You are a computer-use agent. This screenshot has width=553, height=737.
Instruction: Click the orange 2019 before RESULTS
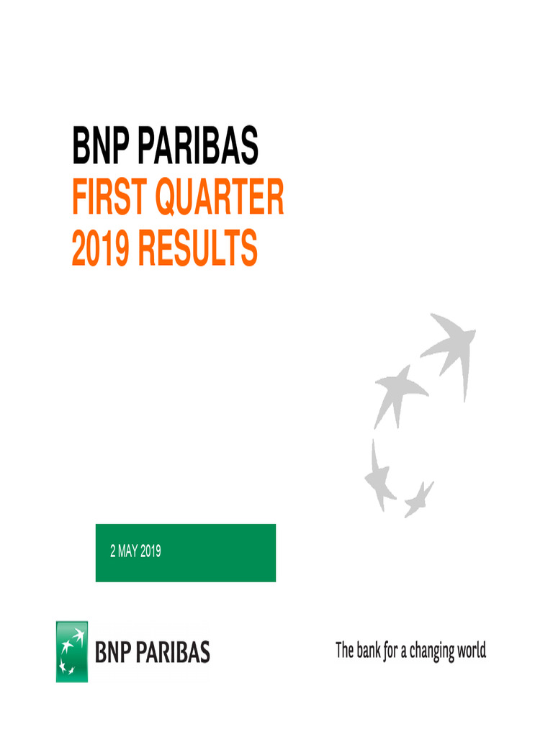[x=100, y=248]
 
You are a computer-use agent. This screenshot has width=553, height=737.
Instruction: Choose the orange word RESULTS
[x=197, y=248]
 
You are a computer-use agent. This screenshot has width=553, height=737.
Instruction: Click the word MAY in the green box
[x=127, y=552]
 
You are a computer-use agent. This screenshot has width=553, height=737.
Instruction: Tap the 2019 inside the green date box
[x=150, y=552]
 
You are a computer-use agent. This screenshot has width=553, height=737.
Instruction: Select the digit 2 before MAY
[x=112, y=552]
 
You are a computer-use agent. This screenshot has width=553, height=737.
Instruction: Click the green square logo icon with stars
[x=72, y=651]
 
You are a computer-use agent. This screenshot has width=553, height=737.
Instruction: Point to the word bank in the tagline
[x=368, y=651]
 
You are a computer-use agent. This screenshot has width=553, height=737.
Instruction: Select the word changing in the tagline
[x=435, y=652]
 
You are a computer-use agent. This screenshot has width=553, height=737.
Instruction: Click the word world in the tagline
[x=472, y=651]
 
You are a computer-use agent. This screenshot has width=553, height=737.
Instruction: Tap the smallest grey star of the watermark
[x=418, y=497]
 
